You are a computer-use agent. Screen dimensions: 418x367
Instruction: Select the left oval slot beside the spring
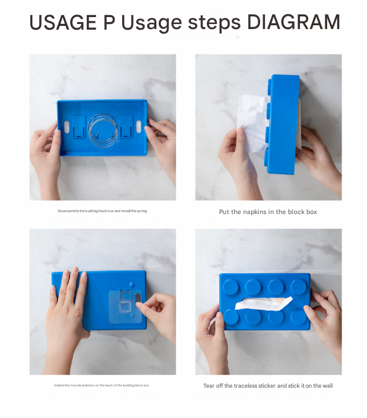click(x=66, y=128)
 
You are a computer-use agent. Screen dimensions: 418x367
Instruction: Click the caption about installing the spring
click(x=102, y=211)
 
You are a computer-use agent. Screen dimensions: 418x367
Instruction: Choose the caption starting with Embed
click(x=102, y=385)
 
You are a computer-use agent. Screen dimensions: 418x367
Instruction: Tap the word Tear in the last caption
click(x=209, y=386)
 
